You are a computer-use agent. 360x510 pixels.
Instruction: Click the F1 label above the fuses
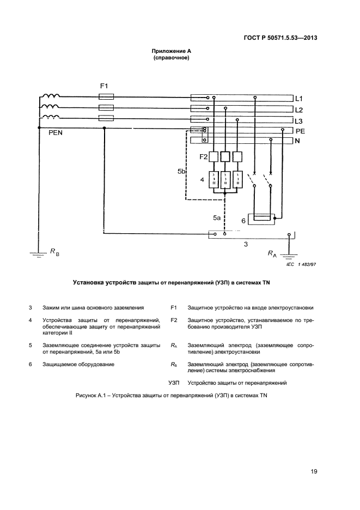coord(105,86)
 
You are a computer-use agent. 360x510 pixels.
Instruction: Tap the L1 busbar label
coord(298,99)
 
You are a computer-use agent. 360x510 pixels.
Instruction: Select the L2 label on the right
coord(298,110)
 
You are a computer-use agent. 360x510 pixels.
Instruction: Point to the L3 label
coord(298,120)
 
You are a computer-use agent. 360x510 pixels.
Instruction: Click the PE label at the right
coord(300,131)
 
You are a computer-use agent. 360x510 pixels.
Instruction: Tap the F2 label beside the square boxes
coord(204,157)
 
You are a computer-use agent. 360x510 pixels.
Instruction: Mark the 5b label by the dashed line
coord(182,172)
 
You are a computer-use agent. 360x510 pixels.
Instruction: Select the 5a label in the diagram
coord(216,218)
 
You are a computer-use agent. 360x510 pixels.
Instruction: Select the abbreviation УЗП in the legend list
coord(174,383)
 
